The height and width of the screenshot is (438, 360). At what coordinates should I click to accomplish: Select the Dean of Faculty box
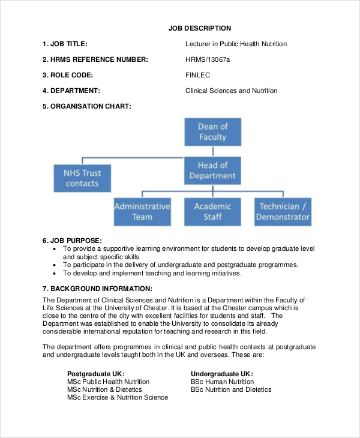pyautogui.click(x=212, y=132)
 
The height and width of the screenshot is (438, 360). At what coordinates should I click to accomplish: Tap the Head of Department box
pyautogui.click(x=212, y=170)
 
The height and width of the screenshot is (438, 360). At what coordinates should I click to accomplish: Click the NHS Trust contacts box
pyautogui.click(x=82, y=178)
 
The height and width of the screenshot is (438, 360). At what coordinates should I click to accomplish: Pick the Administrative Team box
pyautogui.click(x=142, y=211)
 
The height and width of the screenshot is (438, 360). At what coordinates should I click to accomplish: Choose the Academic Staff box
pyautogui.click(x=212, y=211)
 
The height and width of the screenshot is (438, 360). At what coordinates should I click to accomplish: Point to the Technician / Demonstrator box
pyautogui.click(x=283, y=211)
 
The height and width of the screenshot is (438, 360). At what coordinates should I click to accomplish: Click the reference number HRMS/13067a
pyautogui.click(x=208, y=59)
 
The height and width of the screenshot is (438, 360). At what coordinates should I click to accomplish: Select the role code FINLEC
pyautogui.click(x=198, y=75)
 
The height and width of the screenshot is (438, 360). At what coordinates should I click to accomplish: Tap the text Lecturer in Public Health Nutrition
pyautogui.click(x=236, y=44)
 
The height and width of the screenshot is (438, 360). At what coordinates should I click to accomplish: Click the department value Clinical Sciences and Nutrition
pyautogui.click(x=232, y=91)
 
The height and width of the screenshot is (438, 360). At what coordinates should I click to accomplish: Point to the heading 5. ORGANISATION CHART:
pyautogui.click(x=87, y=106)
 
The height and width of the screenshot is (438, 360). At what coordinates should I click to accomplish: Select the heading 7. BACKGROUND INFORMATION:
pyautogui.click(x=97, y=289)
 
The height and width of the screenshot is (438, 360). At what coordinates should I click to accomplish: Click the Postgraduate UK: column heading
pyautogui.click(x=96, y=373)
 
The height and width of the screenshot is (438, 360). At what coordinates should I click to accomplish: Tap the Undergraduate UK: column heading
pyautogui.click(x=222, y=373)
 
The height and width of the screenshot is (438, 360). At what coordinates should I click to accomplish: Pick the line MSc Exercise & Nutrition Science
pyautogui.click(x=118, y=397)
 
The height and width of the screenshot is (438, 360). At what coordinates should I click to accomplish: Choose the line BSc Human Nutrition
pyautogui.click(x=223, y=382)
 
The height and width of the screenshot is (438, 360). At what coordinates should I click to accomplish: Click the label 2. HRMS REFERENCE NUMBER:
pyautogui.click(x=95, y=59)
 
